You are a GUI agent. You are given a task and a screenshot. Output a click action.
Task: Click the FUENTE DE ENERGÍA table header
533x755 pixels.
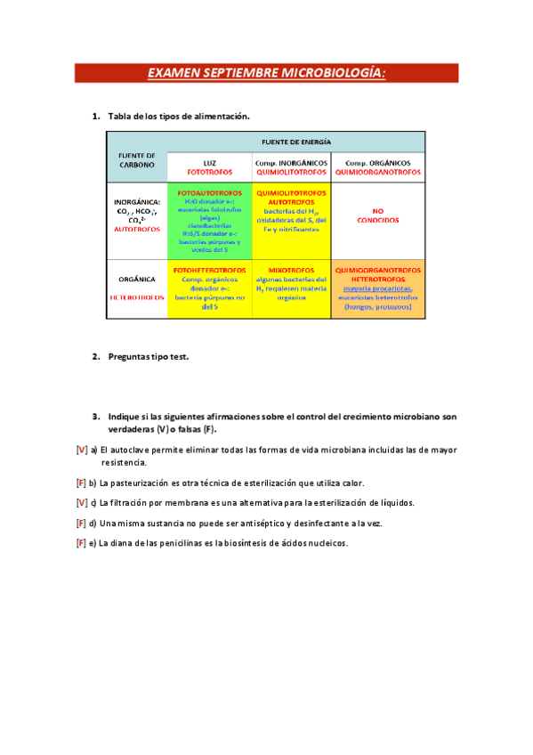296,142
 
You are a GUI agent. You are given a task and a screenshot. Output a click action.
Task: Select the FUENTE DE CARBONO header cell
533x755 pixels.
137,159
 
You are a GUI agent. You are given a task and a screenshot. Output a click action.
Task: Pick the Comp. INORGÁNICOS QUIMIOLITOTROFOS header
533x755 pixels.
291,167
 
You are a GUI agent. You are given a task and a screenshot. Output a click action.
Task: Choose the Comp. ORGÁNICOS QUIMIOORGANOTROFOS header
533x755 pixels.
377,167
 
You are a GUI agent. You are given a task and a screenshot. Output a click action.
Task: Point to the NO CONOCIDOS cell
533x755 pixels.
377,218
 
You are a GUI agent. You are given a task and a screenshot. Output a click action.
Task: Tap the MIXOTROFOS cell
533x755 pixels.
291,288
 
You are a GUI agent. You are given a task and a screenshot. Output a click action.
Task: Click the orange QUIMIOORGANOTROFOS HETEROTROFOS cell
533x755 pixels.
377,288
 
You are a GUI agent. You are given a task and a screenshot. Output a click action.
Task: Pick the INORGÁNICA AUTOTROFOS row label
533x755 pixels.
137,218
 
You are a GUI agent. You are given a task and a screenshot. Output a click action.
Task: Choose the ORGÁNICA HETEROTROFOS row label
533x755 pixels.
137,288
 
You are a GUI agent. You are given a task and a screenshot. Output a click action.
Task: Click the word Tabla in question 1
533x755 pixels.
121,117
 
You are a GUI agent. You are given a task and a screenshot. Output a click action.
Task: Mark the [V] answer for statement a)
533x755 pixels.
82,451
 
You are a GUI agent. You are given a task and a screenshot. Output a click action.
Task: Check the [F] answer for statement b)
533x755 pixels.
81,483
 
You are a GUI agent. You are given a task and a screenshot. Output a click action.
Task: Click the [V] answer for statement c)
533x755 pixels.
82,503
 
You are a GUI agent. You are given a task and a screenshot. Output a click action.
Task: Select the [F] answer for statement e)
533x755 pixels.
81,543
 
